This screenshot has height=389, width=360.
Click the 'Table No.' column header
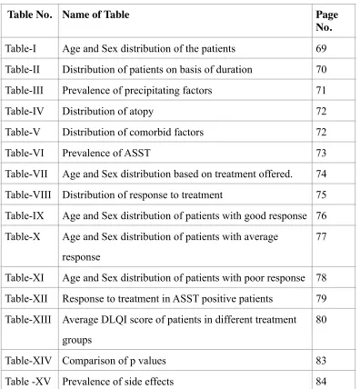pos(30,15)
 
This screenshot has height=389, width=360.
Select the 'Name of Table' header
pos(95,15)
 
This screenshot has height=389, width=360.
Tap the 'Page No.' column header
pos(327,21)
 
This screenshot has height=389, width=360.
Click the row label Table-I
pos(21,48)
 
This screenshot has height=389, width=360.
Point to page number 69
pos(321,48)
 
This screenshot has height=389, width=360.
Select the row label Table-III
pos(25,90)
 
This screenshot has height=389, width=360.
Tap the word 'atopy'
pos(141,112)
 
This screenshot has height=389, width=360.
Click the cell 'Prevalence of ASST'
pos(106,153)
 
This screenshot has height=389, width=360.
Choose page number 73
pos(321,153)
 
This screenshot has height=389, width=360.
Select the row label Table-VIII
pos(28,194)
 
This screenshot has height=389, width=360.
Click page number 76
pos(321,215)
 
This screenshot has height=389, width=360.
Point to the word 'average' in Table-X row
pos(261,237)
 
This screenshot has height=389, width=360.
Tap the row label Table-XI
pos(25,278)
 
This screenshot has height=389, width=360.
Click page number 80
pos(321,319)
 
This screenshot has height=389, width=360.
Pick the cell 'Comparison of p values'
pos(114,361)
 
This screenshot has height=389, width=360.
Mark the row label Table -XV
pos(28,382)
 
